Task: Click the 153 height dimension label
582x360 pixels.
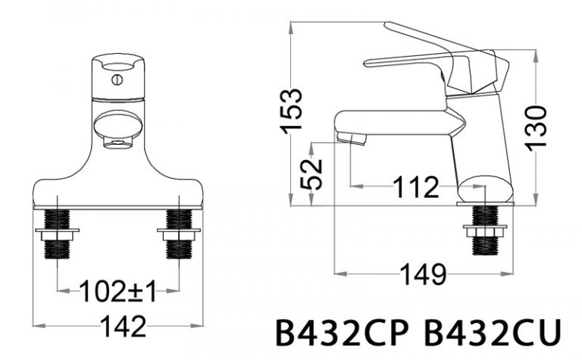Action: [x=294, y=111]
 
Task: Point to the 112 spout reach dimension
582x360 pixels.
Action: [x=415, y=186]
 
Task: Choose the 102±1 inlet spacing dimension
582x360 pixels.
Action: [x=120, y=290]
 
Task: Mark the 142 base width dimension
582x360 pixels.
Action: [x=120, y=327]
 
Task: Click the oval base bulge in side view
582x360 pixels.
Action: [x=486, y=189]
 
